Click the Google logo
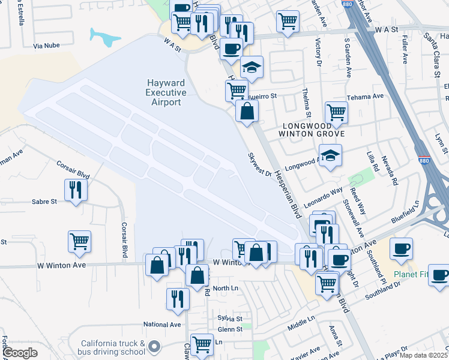20,352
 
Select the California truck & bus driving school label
113,347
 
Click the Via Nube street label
46,46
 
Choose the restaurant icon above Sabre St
76,190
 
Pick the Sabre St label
44,202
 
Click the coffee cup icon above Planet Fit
401,248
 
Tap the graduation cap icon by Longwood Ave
330,155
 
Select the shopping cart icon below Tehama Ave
336,112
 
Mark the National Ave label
161,325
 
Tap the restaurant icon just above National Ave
178,298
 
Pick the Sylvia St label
230,319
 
